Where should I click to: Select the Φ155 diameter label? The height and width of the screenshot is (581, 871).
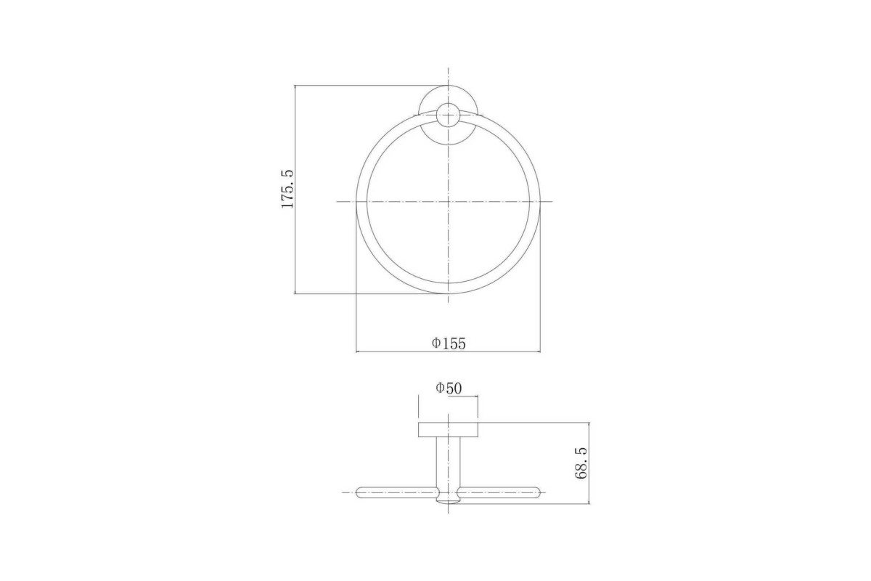tap(449, 344)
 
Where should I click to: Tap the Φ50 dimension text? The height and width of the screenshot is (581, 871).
tap(449, 388)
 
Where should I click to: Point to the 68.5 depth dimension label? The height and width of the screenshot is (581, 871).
tap(581, 463)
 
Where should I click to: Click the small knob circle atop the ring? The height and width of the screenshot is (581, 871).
tap(449, 115)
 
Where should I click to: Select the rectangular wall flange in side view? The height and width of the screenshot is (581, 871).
tap(448, 429)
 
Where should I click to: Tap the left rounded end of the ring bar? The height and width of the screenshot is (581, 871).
tap(359, 492)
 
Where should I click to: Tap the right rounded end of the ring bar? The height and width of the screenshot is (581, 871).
tap(538, 492)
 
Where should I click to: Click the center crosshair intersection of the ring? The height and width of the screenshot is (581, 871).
tap(449, 202)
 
